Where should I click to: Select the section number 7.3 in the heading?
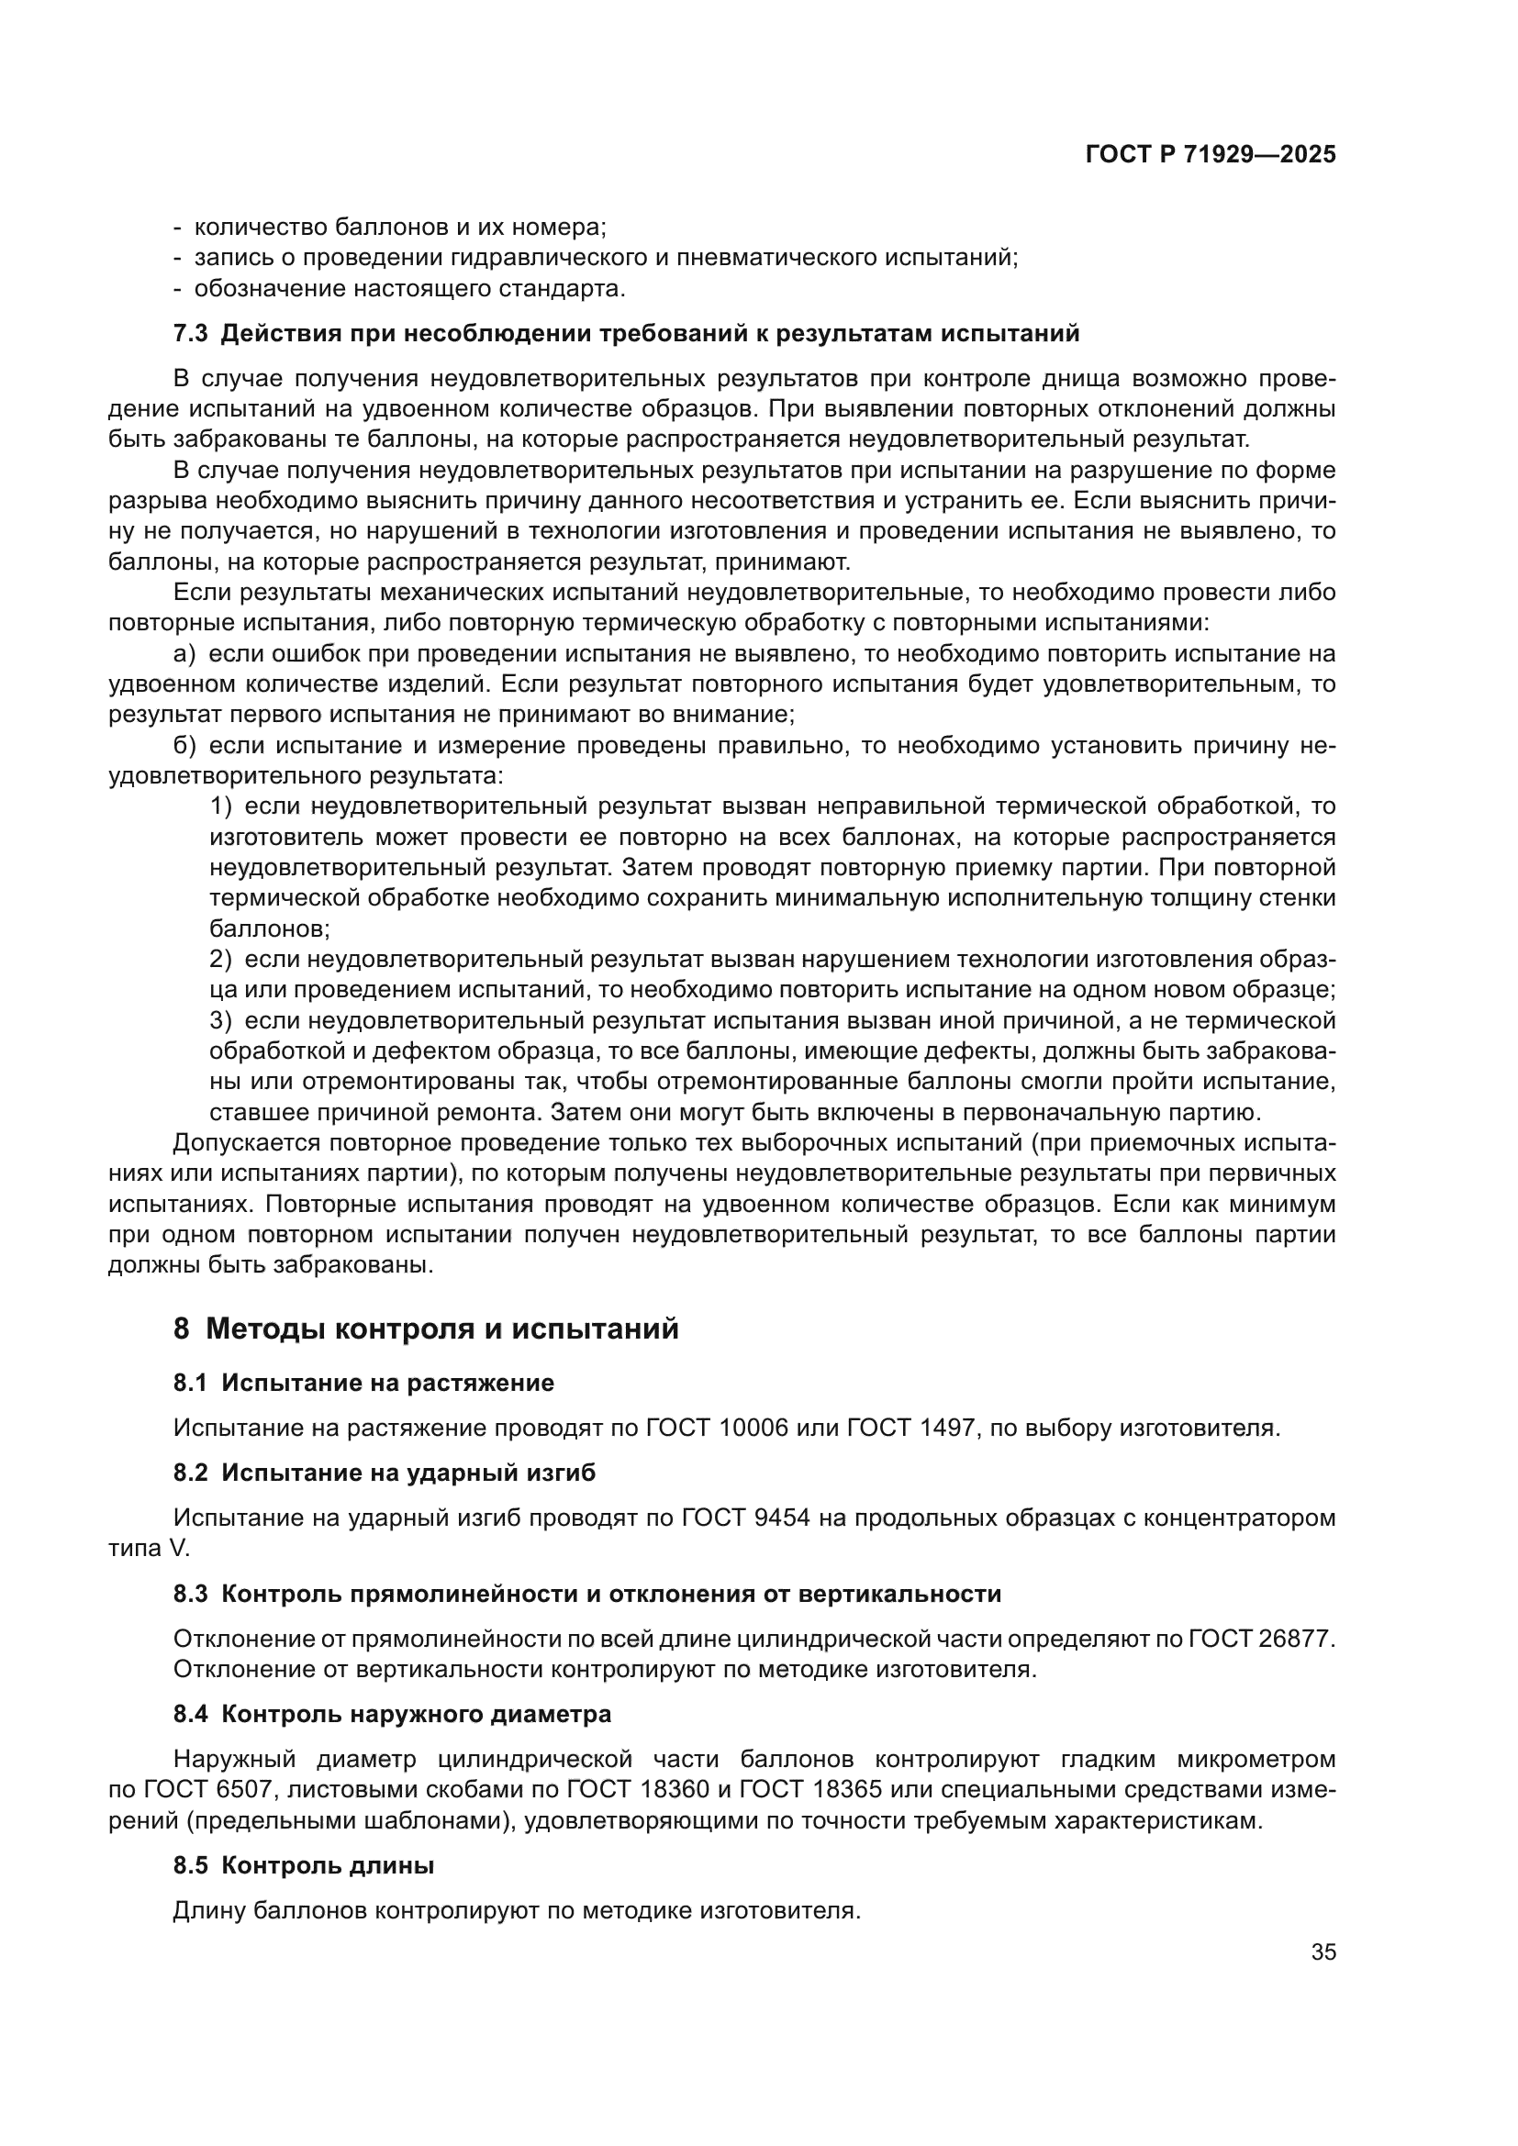(192, 334)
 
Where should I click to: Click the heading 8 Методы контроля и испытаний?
(426, 1329)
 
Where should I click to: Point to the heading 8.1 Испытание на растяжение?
(363, 1384)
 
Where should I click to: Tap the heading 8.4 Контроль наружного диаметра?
(393, 1714)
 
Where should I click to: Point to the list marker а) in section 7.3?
(184, 654)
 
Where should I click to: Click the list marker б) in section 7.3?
(184, 746)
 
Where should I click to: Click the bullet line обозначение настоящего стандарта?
(409, 289)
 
